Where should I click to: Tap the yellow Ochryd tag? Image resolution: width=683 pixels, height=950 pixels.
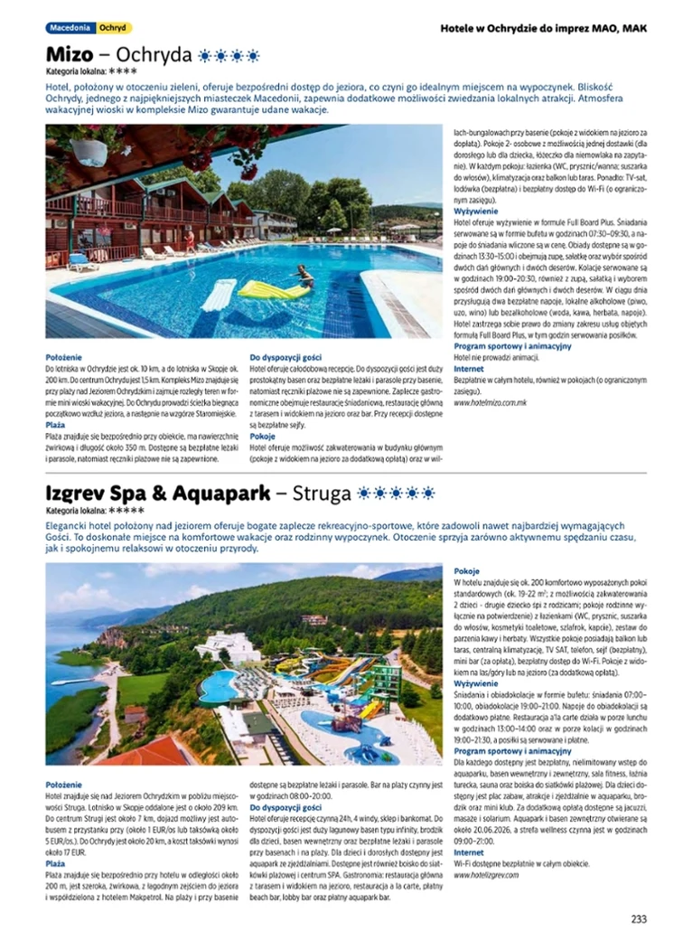point(113,28)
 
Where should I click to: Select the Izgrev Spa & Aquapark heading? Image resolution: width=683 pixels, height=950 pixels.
point(158,494)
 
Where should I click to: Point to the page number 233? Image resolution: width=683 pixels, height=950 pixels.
point(639,919)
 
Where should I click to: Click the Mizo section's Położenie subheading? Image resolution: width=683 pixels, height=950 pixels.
point(63,358)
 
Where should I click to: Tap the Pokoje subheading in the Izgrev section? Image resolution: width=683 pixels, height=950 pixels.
point(467,572)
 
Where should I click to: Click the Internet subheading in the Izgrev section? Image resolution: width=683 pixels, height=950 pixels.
point(469,853)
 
